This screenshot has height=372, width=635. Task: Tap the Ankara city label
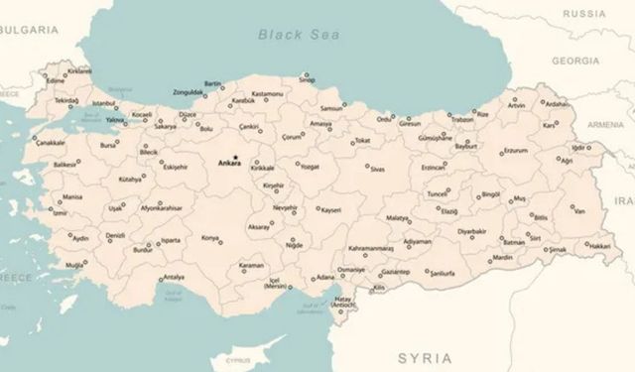230,164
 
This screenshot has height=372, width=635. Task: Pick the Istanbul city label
104,102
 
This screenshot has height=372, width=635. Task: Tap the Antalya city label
174,277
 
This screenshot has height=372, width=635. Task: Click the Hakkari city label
598,245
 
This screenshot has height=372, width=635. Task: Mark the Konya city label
210,238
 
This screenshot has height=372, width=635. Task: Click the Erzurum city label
515,151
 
